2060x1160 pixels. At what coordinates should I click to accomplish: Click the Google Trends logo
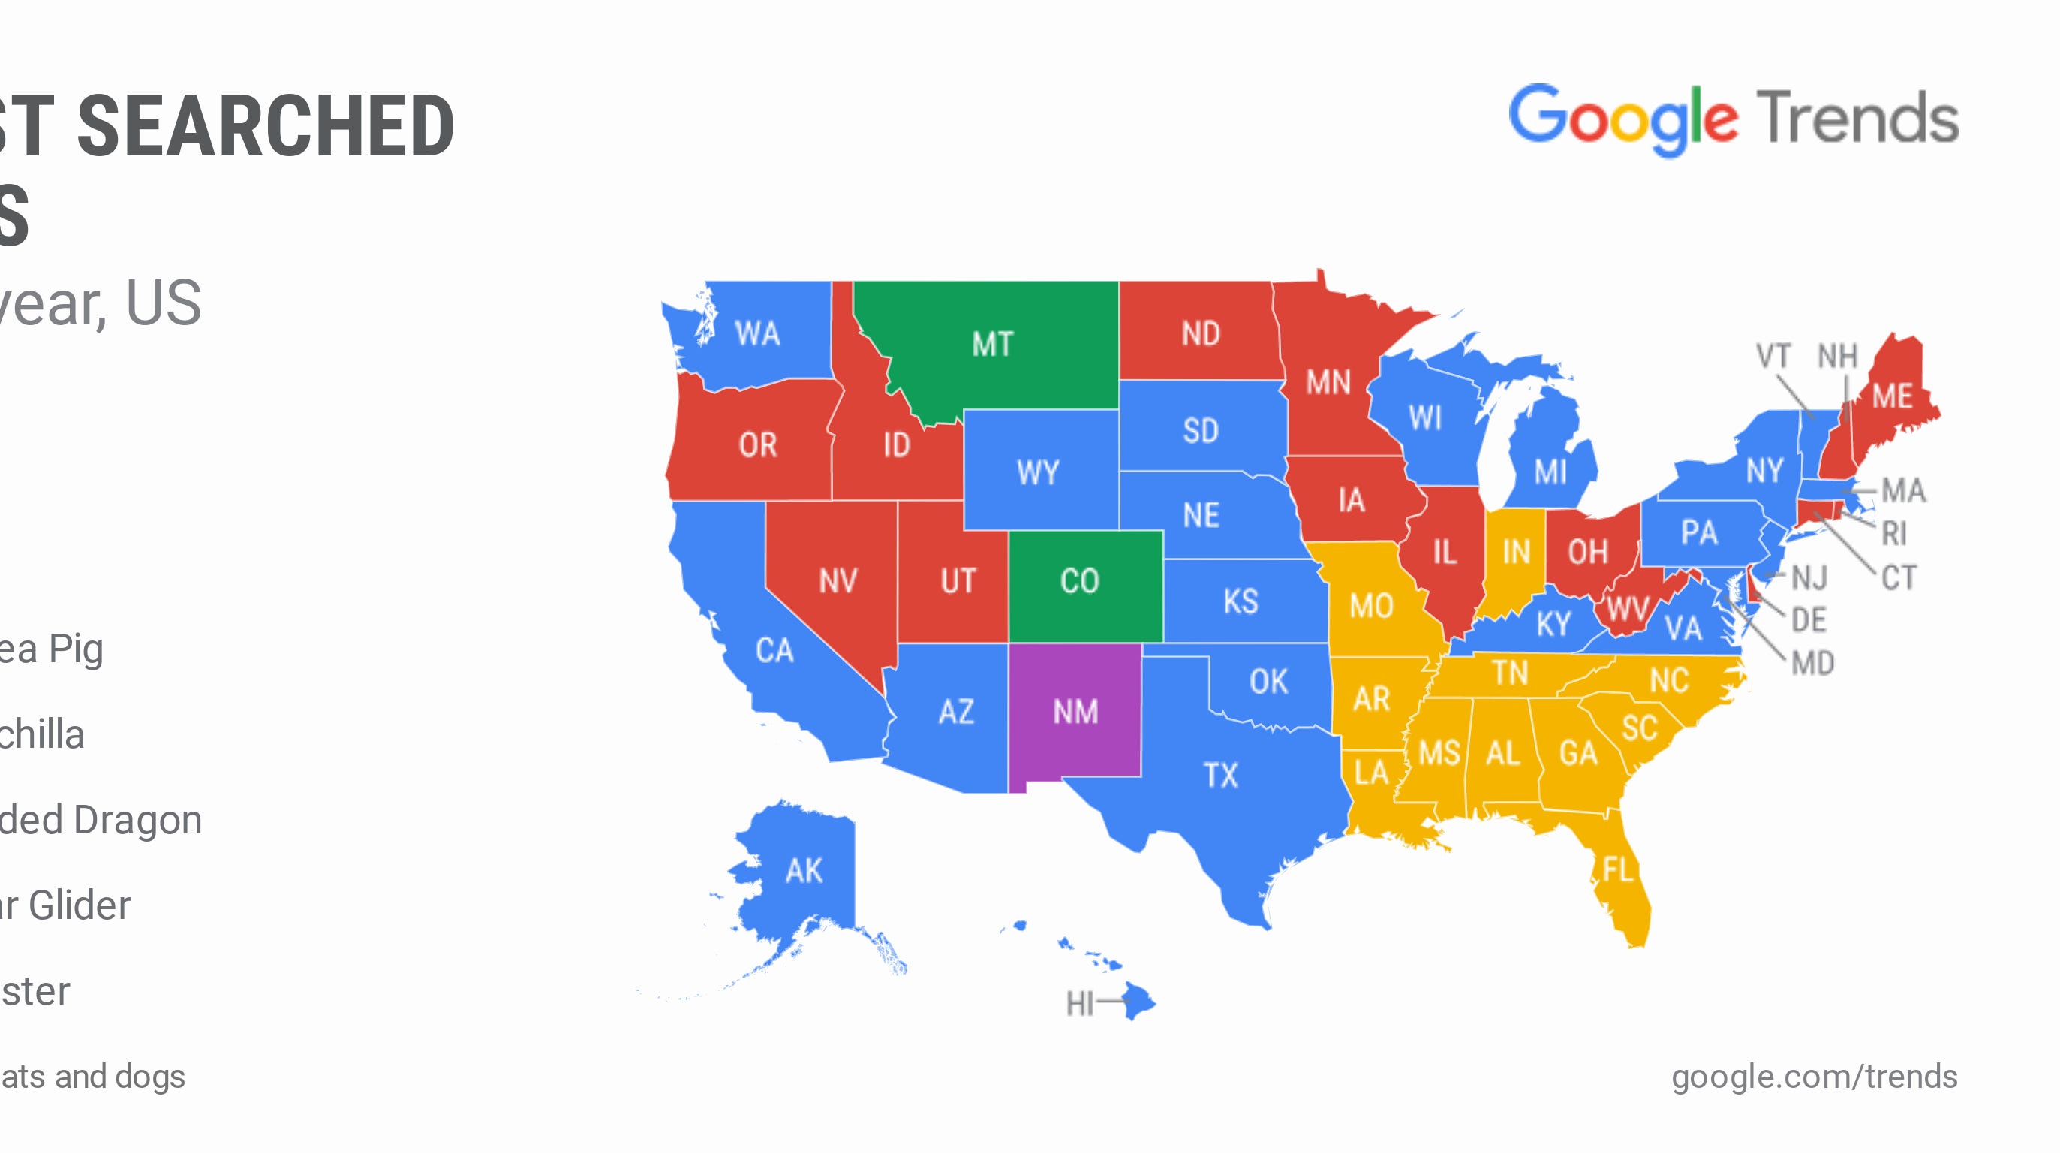coord(1733,120)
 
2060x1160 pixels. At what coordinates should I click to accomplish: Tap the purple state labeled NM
coord(1075,711)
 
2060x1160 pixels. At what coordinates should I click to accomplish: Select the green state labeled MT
coord(992,344)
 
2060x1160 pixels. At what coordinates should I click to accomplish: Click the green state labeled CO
coord(1080,581)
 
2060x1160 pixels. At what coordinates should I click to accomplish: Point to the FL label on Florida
coord(1617,869)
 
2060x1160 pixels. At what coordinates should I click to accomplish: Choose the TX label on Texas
coord(1220,775)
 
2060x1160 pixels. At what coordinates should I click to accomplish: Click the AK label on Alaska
coord(804,870)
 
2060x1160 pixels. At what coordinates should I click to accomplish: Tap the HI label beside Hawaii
coord(1080,1002)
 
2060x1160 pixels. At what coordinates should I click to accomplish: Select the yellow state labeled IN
coord(1515,552)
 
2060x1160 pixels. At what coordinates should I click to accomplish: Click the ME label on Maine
coord(1892,396)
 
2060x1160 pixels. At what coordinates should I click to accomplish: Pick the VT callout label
coord(1772,356)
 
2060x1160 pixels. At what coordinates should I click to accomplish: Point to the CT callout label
coord(1899,577)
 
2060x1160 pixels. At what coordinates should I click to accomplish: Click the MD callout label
coord(1812,663)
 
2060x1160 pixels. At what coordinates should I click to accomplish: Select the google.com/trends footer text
coord(1814,1077)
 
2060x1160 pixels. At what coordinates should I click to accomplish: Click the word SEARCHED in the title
coord(266,126)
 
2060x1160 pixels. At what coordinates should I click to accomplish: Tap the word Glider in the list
coord(79,905)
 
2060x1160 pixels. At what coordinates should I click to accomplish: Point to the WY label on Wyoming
coord(1038,472)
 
